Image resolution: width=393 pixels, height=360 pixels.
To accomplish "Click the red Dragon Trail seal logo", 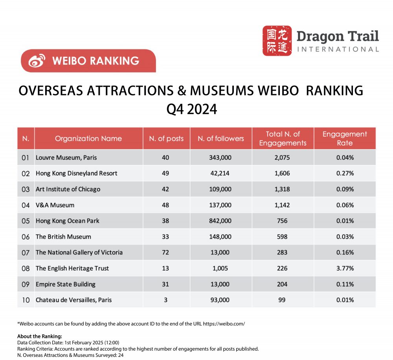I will tap(277, 40).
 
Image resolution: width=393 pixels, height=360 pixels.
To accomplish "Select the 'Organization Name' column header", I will tap(88, 138).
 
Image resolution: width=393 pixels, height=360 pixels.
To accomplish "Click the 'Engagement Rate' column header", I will tap(345, 138).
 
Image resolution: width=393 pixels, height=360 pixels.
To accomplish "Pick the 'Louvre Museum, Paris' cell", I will tap(66, 157).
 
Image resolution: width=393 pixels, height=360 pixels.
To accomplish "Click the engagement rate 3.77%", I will tap(345, 268).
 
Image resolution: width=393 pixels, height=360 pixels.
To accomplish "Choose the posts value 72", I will tap(165, 252).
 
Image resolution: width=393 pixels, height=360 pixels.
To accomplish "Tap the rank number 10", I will tap(26, 300).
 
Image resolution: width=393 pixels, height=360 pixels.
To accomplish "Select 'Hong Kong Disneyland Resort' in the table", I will tap(76, 173).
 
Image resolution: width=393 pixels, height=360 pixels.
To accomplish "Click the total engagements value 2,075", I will tap(282, 157).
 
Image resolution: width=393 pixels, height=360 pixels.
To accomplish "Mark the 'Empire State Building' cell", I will tap(65, 284).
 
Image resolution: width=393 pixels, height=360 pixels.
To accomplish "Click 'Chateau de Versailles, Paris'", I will tap(73, 300).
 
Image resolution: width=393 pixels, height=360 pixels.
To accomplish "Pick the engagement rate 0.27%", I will tap(345, 173).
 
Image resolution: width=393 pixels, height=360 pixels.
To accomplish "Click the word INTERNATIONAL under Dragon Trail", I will tap(338, 49).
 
